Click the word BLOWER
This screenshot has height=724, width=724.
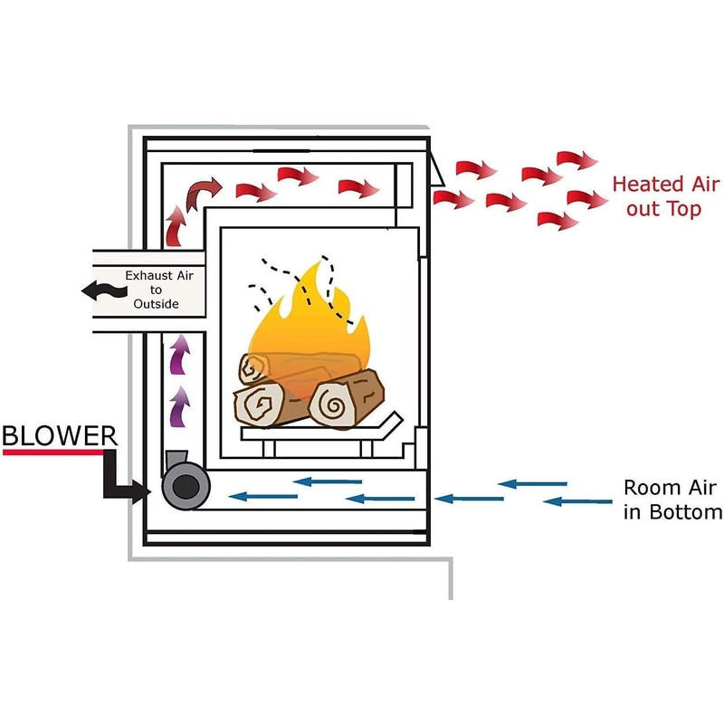point(60,435)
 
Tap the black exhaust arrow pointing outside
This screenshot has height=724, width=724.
point(104,291)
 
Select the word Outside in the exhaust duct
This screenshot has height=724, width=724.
point(156,304)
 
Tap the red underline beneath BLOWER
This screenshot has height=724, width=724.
point(53,452)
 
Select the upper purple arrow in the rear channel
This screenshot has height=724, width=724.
point(179,354)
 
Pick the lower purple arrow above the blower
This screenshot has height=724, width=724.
point(179,406)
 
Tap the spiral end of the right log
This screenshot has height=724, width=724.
point(332,405)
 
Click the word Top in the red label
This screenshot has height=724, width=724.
point(685,209)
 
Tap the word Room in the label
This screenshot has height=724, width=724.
point(646,488)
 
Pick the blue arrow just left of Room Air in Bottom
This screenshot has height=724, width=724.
point(577,501)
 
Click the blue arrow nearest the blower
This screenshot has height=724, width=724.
point(262,497)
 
